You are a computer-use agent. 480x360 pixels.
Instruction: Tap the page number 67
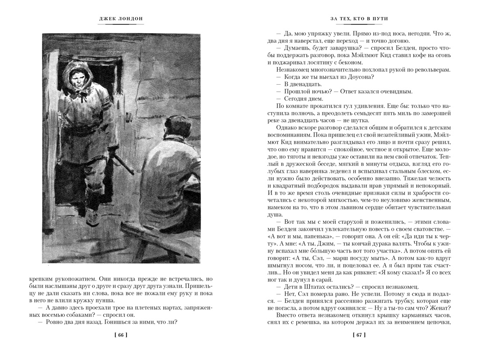click(359, 335)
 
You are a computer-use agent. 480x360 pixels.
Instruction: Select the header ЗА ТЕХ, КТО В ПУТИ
click(360, 19)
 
